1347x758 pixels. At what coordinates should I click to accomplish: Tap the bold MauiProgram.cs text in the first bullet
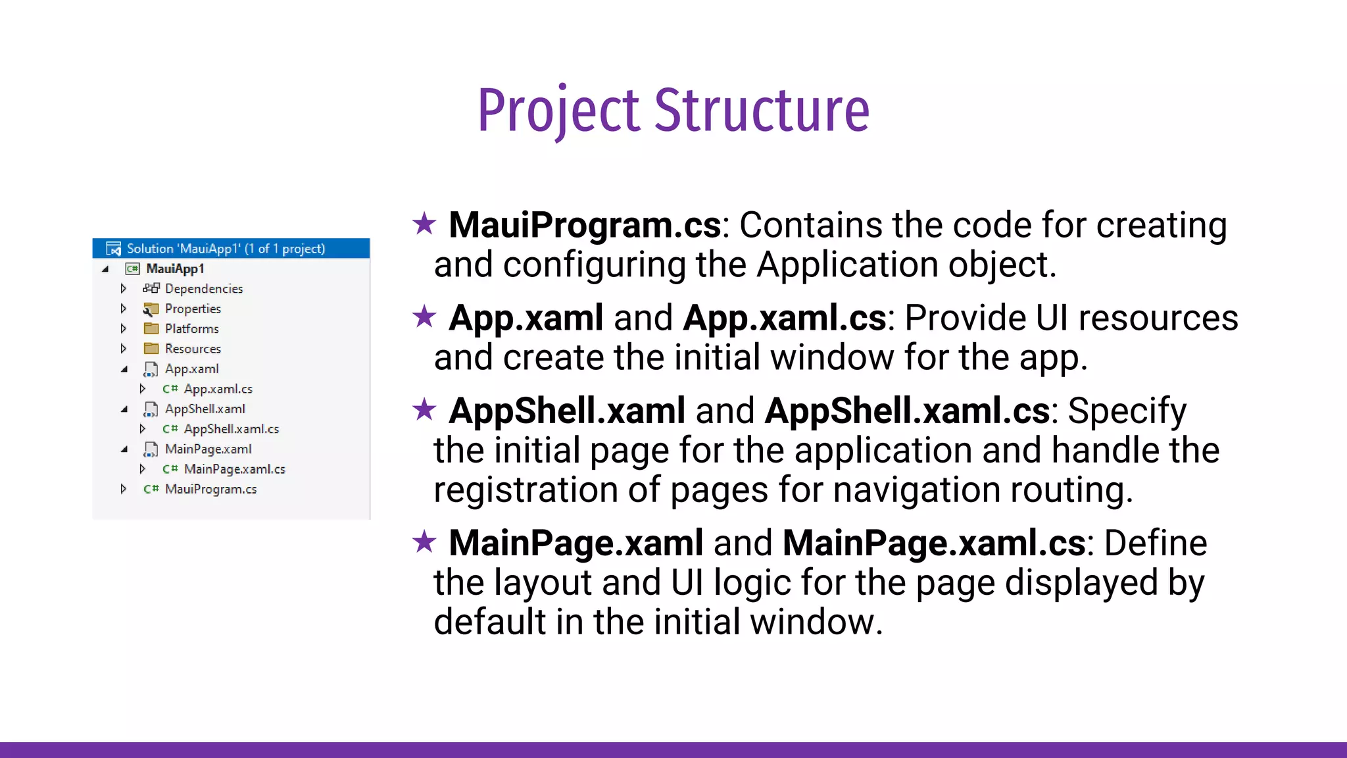[x=585, y=225]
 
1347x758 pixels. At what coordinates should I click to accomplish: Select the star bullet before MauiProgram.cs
[x=424, y=224]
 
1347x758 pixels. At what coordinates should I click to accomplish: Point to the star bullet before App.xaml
[x=424, y=316]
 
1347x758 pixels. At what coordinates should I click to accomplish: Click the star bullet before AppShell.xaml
[x=424, y=409]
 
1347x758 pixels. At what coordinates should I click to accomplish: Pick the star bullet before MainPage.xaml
[x=424, y=542]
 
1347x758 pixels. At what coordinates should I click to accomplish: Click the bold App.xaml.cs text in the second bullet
[x=784, y=318]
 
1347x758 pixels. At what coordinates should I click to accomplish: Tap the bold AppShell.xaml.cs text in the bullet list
[x=907, y=411]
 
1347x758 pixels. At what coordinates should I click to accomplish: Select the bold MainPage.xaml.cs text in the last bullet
[x=933, y=543]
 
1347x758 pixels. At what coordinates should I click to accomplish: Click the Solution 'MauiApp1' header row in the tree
[x=225, y=249]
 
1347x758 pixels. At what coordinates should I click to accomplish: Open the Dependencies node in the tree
[x=203, y=289]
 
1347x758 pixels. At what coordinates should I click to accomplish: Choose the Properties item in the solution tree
[x=193, y=309]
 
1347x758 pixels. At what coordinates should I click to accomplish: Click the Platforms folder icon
[x=151, y=328]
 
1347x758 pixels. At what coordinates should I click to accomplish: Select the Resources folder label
[x=193, y=349]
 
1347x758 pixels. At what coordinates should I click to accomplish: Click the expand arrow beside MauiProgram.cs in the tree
[x=123, y=489]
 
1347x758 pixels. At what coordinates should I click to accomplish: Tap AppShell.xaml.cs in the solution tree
[x=231, y=429]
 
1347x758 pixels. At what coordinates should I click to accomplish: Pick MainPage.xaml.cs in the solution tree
[x=234, y=469]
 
